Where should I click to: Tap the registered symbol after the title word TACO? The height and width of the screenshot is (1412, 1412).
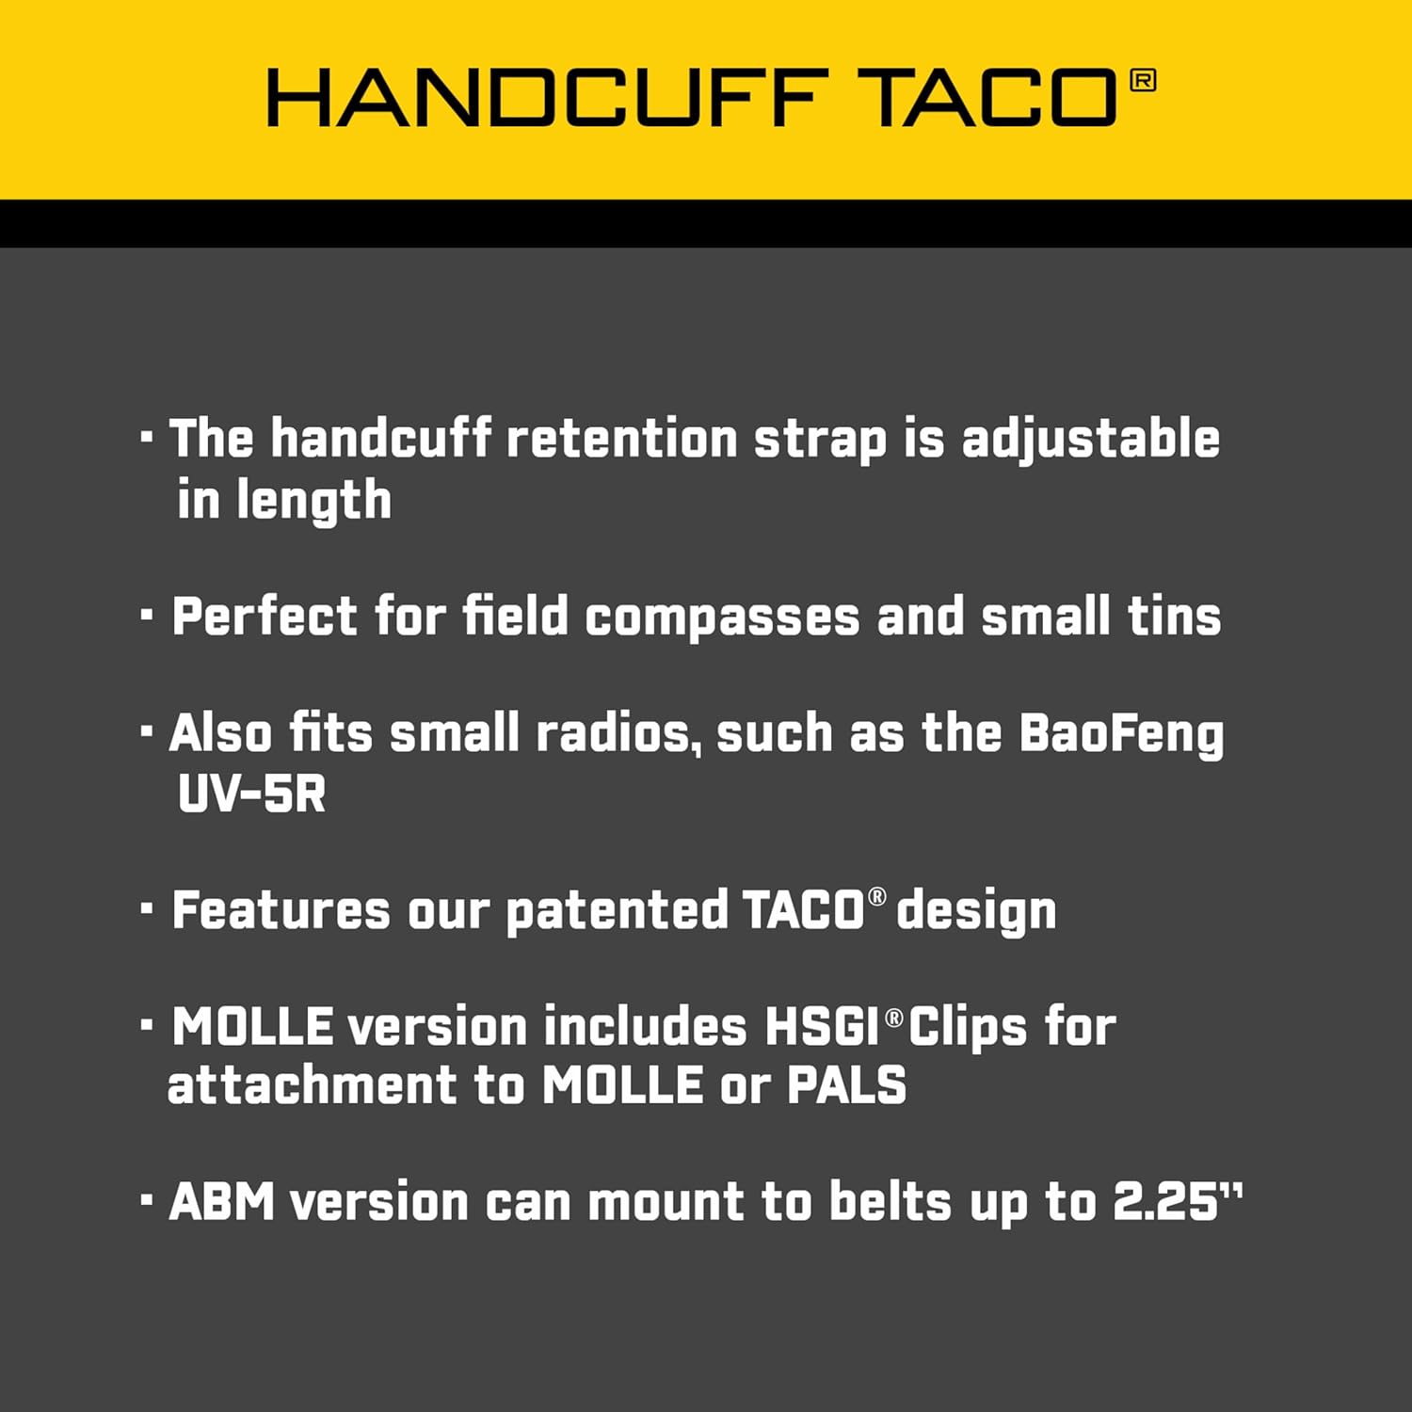[x=1142, y=81]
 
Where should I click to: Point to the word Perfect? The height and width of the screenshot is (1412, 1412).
[x=265, y=618]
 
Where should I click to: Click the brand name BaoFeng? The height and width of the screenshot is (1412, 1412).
[x=1121, y=735]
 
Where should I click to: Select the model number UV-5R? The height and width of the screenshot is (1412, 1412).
[x=251, y=794]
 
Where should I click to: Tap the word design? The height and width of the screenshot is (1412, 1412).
[x=976, y=911]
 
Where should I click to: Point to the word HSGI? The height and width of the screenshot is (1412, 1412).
[x=822, y=1027]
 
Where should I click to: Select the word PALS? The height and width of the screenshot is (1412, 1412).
[x=846, y=1085]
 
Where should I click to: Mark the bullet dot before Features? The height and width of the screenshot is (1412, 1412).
[x=147, y=908]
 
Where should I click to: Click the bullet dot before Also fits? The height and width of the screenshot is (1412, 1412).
[x=147, y=730]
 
